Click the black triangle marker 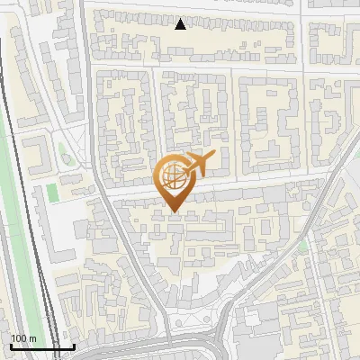click(x=181, y=24)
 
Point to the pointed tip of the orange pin click(x=173, y=212)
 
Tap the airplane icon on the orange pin click(x=198, y=164)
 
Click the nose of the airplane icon click(x=214, y=156)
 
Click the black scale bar click(x=42, y=346)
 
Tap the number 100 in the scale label click(x=19, y=338)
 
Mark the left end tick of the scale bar click(x=11, y=346)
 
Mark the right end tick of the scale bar click(x=74, y=346)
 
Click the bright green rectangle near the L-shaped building click(x=52, y=193)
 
